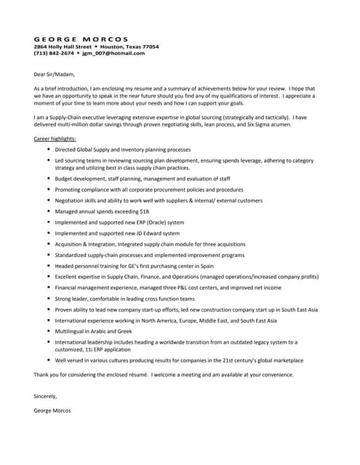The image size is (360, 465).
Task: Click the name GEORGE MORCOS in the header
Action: click(81, 39)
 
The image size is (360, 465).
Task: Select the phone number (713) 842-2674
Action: click(54, 53)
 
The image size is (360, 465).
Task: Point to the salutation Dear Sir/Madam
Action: click(54, 73)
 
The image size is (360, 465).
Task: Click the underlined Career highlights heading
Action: click(55, 137)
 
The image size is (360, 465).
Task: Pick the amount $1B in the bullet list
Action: click(144, 211)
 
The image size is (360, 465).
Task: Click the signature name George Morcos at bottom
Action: click(52, 411)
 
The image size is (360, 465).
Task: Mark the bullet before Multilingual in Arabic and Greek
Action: click(48, 331)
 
